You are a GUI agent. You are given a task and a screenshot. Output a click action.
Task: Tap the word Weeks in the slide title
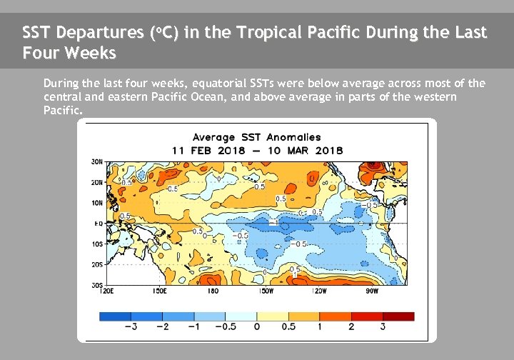88,54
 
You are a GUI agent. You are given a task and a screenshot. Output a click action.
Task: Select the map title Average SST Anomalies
256,137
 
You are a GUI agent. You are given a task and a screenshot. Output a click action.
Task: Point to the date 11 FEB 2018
208,150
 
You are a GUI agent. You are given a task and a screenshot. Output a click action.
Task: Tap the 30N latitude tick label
96,161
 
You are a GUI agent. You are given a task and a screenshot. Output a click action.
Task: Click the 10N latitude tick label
96,203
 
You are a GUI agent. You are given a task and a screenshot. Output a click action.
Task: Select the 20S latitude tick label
96,264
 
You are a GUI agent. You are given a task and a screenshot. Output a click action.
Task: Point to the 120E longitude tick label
107,291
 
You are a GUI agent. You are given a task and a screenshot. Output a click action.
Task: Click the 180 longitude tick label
213,291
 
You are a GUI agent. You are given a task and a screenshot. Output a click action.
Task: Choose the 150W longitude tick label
266,291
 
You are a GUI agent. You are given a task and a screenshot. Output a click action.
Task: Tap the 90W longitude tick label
371,291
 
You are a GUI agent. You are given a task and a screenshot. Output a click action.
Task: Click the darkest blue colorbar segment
115,316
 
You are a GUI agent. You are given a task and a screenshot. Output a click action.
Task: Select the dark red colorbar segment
398,316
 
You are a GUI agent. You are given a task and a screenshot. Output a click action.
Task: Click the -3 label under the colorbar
130,326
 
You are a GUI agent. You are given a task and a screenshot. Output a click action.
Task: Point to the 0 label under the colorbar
257,326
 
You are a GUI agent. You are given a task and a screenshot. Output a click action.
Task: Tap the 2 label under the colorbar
351,326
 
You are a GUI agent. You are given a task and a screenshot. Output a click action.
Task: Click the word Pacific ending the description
63,111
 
